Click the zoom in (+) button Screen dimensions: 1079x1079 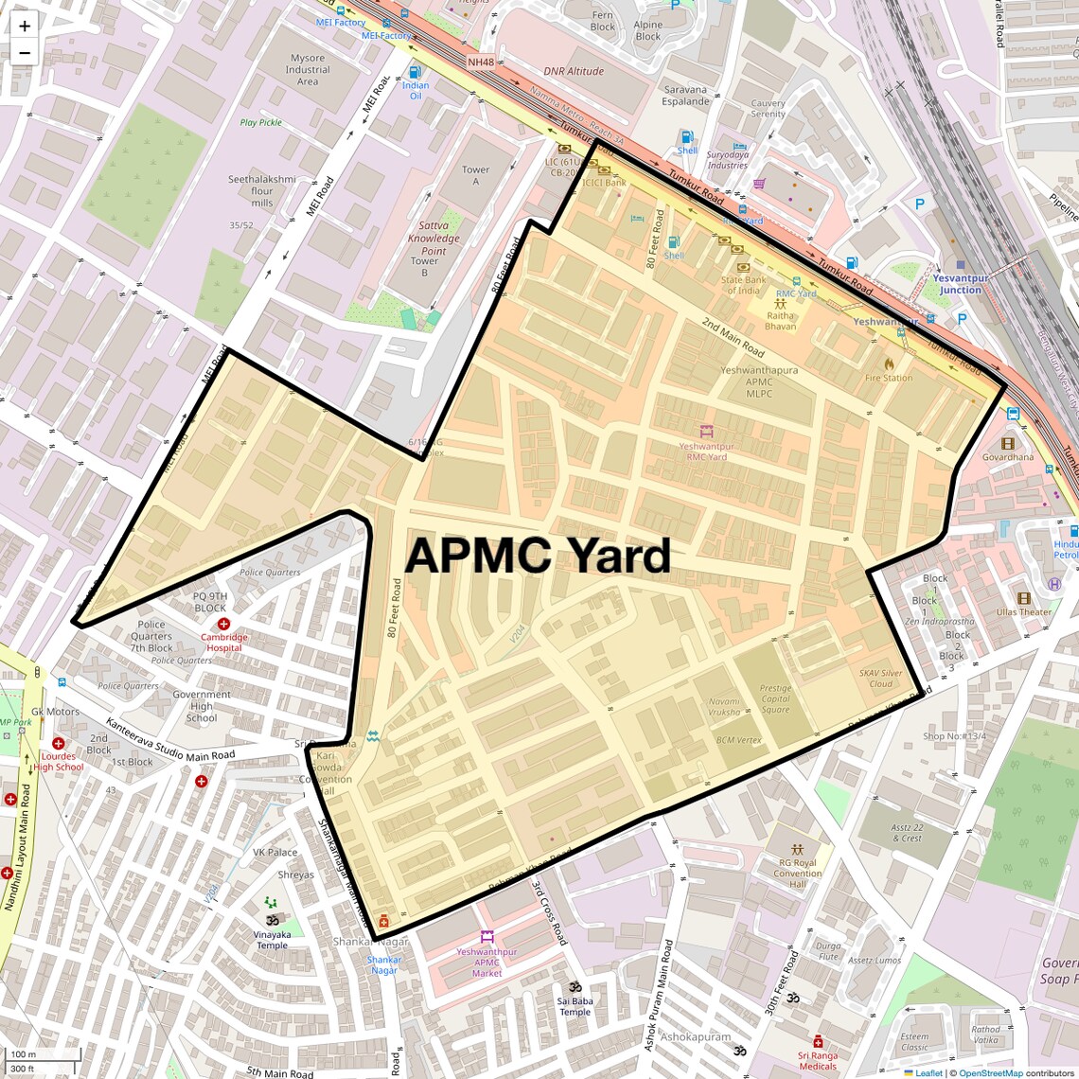25,27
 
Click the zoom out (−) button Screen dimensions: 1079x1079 25,53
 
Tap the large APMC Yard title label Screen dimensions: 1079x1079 538,556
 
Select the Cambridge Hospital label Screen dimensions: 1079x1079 223,642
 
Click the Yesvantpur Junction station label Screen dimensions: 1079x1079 961,284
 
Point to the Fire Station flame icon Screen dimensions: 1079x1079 889,363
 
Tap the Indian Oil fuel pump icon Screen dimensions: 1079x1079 414,72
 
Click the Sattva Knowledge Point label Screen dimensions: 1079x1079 433,239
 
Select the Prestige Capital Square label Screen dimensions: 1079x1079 775,699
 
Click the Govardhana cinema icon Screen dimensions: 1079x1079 1007,443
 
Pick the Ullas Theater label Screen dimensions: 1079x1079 1023,611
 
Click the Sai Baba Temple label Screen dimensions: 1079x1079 575,1006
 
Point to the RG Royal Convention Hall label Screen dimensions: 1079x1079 797,873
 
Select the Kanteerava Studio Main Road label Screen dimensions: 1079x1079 169,740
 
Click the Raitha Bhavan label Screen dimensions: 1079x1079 781,320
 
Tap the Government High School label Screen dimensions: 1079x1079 202,706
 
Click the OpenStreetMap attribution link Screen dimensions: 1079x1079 991,1072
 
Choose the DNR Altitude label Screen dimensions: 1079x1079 574,71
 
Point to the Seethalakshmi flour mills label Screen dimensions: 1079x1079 262,190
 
